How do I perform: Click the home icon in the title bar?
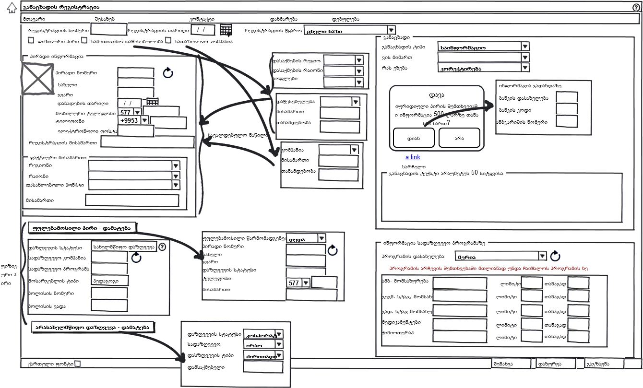pyautogui.click(x=12, y=8)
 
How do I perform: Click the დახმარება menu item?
pyautogui.click(x=284, y=19)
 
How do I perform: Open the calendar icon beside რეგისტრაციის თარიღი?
pyautogui.click(x=226, y=30)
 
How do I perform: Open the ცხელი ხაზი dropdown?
pyautogui.click(x=350, y=30)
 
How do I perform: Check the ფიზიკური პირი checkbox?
pyautogui.click(x=31, y=41)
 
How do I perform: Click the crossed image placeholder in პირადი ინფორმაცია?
pyautogui.click(x=37, y=78)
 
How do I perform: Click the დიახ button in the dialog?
pyautogui.click(x=414, y=138)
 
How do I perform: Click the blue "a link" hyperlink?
pyautogui.click(x=413, y=157)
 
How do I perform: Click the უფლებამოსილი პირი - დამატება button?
pyautogui.click(x=83, y=227)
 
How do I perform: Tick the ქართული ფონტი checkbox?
pyautogui.click(x=78, y=364)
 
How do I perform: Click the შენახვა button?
pyautogui.click(x=512, y=364)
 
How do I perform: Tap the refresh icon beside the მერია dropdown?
pyautogui.click(x=555, y=256)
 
